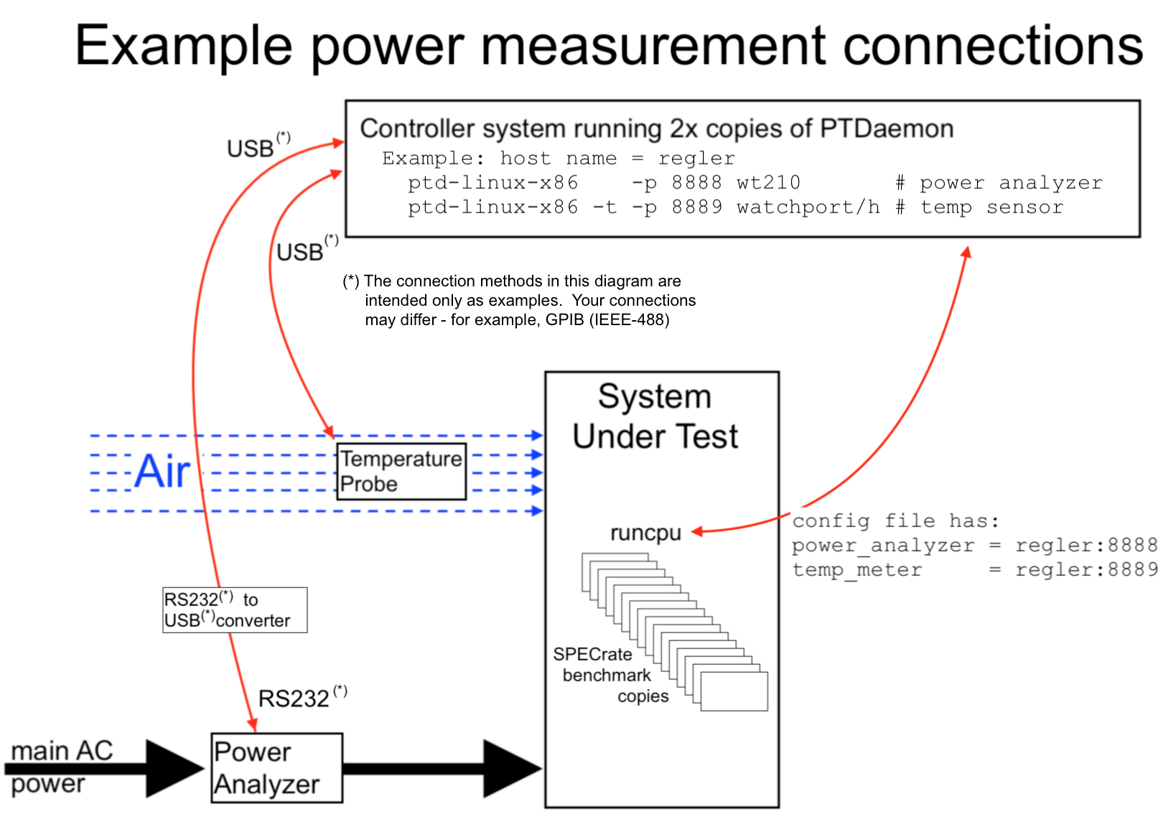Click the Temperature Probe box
pos(401,472)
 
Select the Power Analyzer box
pos(276,768)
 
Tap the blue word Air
pos(163,472)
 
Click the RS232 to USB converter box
pos(235,610)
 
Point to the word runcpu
pos(645,533)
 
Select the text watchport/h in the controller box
pos(808,207)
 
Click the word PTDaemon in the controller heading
pos(887,128)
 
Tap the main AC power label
pos(62,767)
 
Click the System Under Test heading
pos(655,416)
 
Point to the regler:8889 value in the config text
pos(1085,570)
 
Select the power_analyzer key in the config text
pos(883,546)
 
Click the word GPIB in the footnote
pos(564,320)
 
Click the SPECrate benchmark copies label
pos(610,675)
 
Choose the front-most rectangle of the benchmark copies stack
pos(734,691)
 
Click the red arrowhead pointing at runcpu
pos(696,532)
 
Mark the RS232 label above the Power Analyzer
pos(294,698)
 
